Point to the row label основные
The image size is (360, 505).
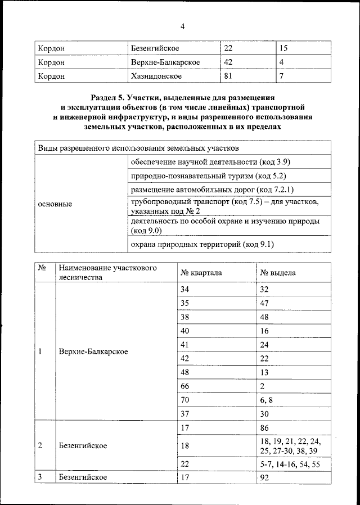pos(55,204)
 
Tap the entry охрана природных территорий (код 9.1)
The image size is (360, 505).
pos(202,245)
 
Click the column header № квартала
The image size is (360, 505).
pos(201,272)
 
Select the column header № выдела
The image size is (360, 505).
pos(278,272)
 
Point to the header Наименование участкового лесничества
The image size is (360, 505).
pos(107,272)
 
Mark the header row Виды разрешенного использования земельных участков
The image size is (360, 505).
pos(138,148)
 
